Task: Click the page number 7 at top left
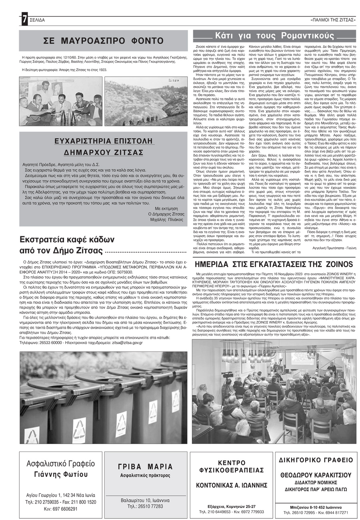(24, 19)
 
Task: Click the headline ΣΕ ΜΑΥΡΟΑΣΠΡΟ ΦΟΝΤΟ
(103, 40)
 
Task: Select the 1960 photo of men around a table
(60, 101)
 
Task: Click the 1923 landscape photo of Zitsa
(146, 101)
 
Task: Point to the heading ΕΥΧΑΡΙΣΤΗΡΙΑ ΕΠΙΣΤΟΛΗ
(104, 141)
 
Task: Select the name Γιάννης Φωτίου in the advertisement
(61, 475)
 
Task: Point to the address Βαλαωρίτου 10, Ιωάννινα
(146, 500)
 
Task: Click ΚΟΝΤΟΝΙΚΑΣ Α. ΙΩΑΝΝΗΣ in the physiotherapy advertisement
(232, 485)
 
